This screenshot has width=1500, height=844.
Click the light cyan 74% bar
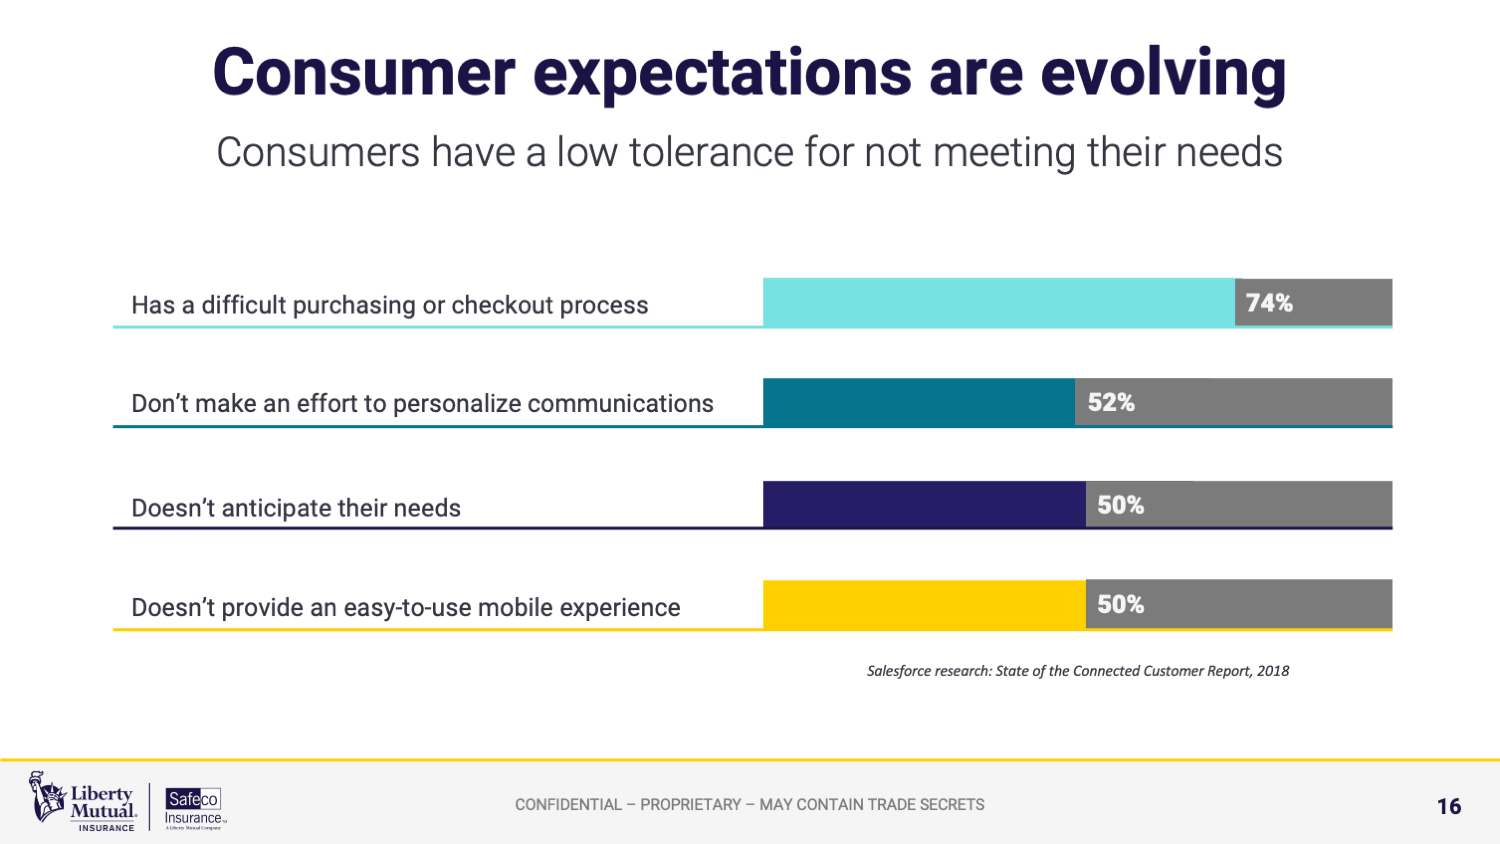998,302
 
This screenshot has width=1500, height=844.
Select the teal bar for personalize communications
918,402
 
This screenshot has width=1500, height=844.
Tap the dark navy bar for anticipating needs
923,504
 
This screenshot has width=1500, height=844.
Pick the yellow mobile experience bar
923,604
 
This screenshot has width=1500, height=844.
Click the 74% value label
1269,303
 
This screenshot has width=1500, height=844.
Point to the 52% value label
1111,402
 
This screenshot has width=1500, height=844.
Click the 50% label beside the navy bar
1120,505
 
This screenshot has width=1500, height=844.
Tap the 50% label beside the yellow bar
1120,604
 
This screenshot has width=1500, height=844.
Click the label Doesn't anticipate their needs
296,508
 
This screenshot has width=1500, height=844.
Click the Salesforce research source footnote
1077,671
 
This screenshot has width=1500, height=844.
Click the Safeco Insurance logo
194,806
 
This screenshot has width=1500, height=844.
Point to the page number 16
1449,806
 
